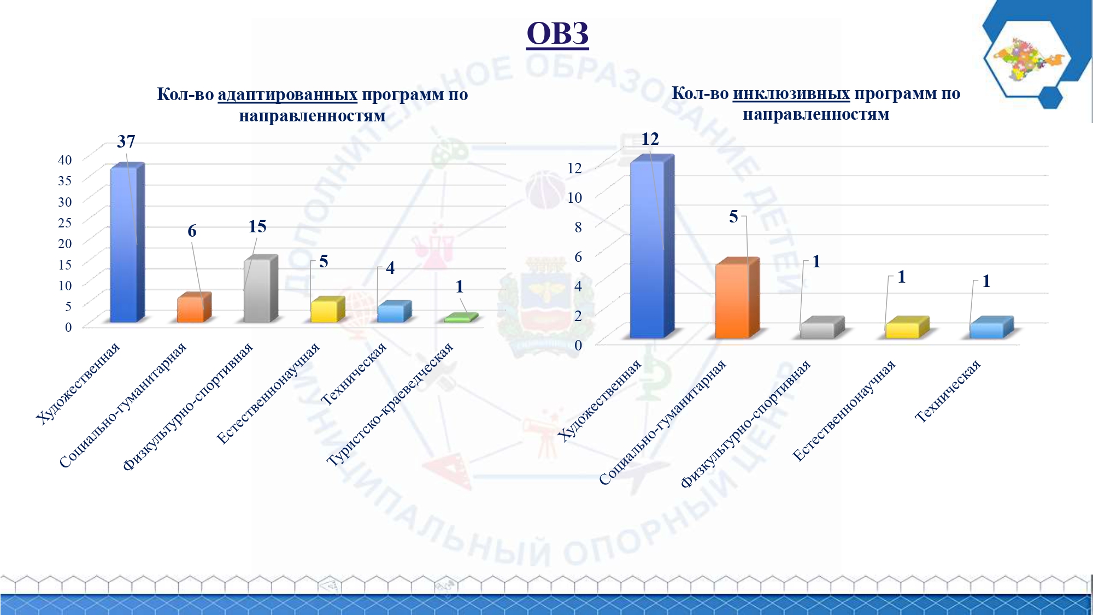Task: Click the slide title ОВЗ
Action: (557, 33)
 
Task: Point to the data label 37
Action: (126, 142)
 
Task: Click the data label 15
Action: (257, 226)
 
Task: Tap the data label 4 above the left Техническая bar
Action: (390, 268)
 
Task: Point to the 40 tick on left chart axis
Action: (65, 160)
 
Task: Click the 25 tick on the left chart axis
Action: (65, 222)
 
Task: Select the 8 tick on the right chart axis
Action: (578, 227)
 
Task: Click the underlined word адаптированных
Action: (287, 95)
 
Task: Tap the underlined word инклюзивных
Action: (791, 93)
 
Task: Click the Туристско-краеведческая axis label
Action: (390, 404)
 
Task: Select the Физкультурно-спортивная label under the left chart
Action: (188, 407)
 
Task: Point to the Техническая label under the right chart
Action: (948, 391)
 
